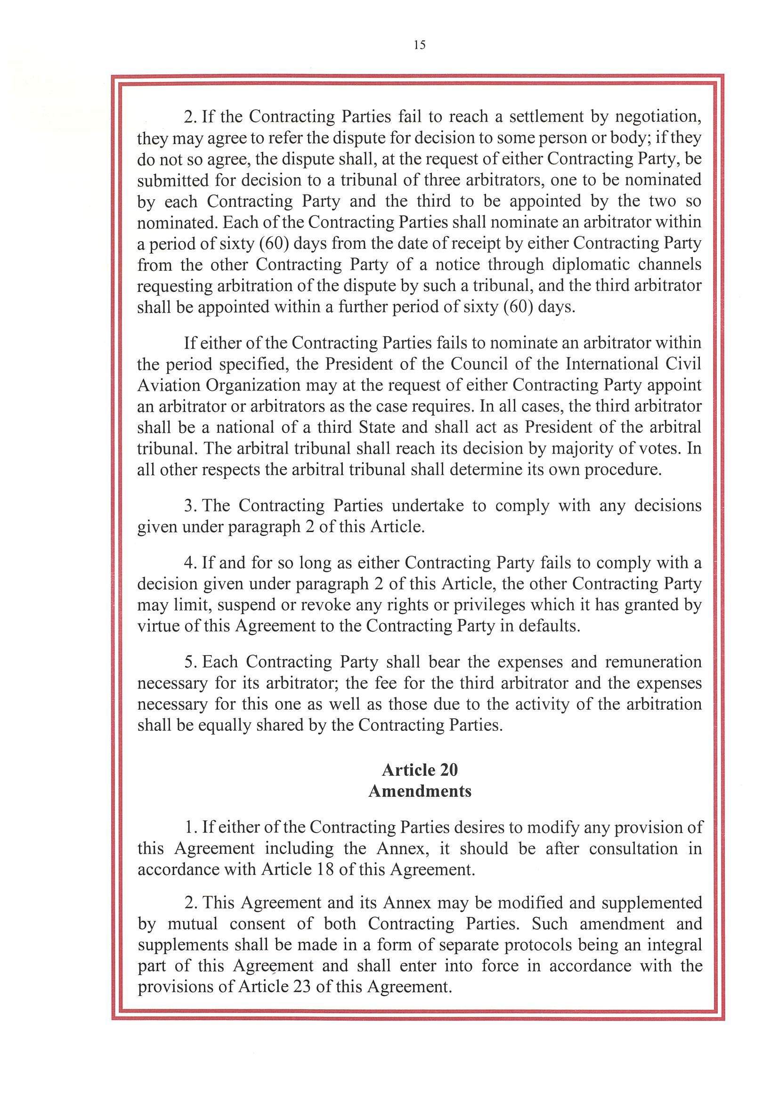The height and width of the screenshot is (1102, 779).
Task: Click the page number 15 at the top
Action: (419, 45)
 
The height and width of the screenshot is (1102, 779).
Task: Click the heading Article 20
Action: (420, 770)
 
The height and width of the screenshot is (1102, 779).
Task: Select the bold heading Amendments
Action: (420, 792)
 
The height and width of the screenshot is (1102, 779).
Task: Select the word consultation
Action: (633, 849)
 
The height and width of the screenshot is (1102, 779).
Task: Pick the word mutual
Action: (192, 924)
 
